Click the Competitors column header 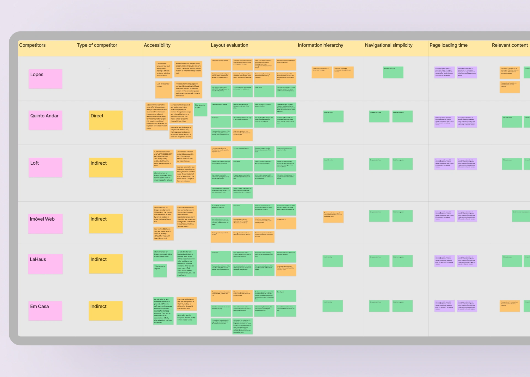click(x=32, y=45)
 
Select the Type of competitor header click(x=97, y=45)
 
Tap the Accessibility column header click(x=157, y=45)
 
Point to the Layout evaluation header click(x=229, y=45)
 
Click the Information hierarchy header click(x=320, y=45)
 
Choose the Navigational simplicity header click(x=388, y=45)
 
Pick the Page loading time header click(x=448, y=45)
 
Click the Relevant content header click(x=510, y=45)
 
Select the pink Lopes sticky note click(x=45, y=79)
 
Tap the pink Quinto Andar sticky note click(x=45, y=120)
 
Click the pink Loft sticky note click(x=45, y=168)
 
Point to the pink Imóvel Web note click(x=45, y=224)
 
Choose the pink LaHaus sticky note click(x=45, y=264)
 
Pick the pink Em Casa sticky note click(x=45, y=311)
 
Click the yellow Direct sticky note click(x=106, y=120)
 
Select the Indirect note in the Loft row click(x=106, y=168)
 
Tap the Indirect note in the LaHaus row click(x=106, y=264)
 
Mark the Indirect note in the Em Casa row click(x=106, y=311)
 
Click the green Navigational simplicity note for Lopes click(x=393, y=72)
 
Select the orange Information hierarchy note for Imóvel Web click(x=333, y=217)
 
